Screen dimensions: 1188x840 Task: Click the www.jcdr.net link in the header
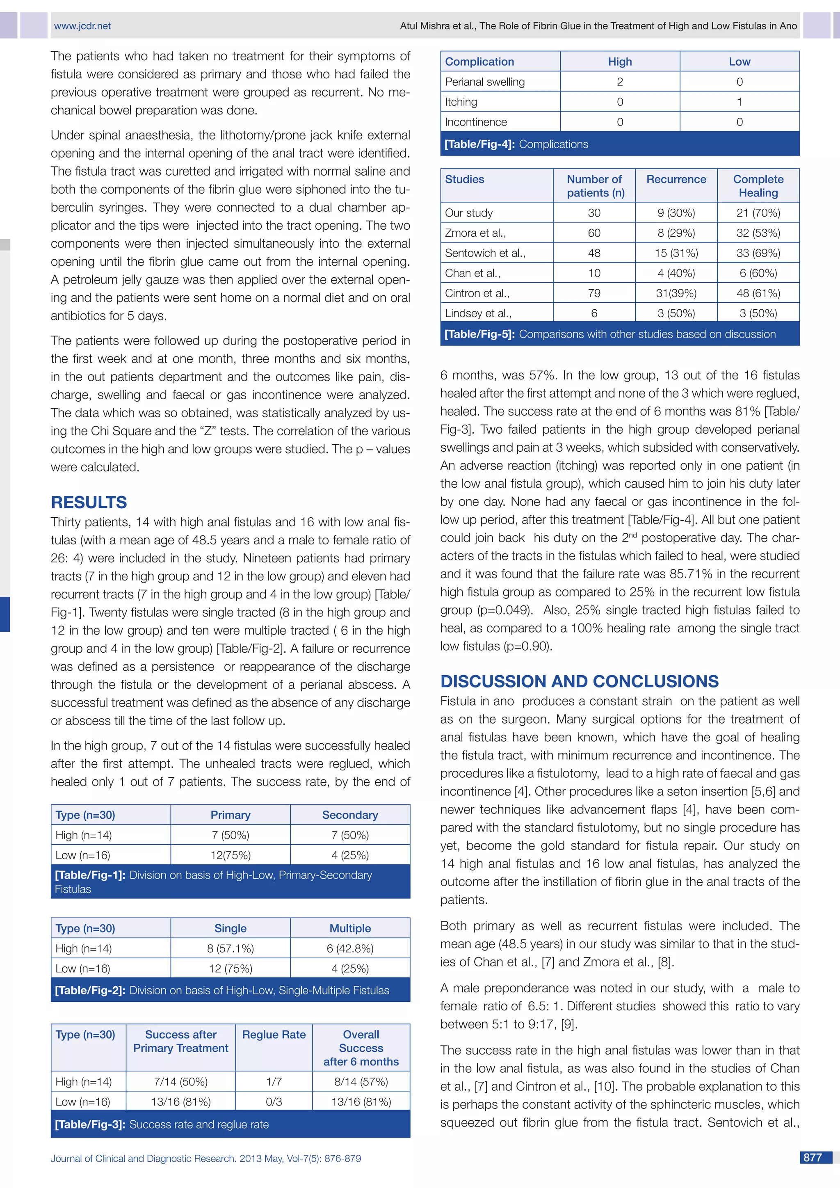pyautogui.click(x=82, y=26)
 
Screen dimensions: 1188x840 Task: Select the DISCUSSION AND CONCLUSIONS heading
pyautogui.click(x=579, y=681)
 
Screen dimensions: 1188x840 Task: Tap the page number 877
pyautogui.click(x=813, y=1158)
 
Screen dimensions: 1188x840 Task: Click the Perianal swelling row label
pyautogui.click(x=485, y=82)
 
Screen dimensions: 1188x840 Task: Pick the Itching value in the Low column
pyautogui.click(x=739, y=102)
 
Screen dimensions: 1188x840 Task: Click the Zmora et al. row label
pyautogui.click(x=475, y=233)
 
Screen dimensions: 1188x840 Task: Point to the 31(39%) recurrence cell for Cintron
pyautogui.click(x=676, y=293)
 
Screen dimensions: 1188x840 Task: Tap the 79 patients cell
pyautogui.click(x=594, y=293)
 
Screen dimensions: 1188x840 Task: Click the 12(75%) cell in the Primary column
pyautogui.click(x=230, y=855)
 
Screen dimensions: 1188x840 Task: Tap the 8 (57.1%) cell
pyautogui.click(x=230, y=948)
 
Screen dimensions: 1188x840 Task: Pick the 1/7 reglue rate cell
pyautogui.click(x=274, y=1081)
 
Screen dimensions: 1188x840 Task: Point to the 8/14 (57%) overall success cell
pyautogui.click(x=361, y=1081)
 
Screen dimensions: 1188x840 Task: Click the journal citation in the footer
pyautogui.click(x=205, y=1158)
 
